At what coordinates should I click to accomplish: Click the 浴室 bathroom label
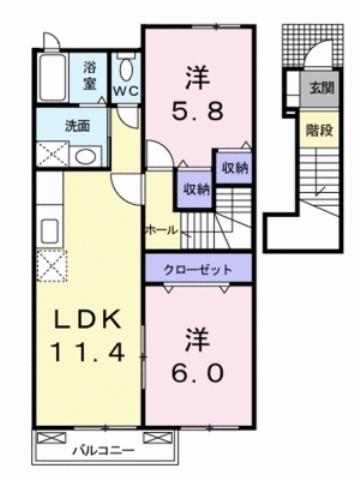tap(90, 77)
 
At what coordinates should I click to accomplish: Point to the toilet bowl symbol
tap(125, 70)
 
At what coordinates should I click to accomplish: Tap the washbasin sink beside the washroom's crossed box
tap(84, 156)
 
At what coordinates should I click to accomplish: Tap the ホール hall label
tap(162, 230)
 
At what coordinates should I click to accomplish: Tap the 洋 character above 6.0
tap(197, 338)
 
